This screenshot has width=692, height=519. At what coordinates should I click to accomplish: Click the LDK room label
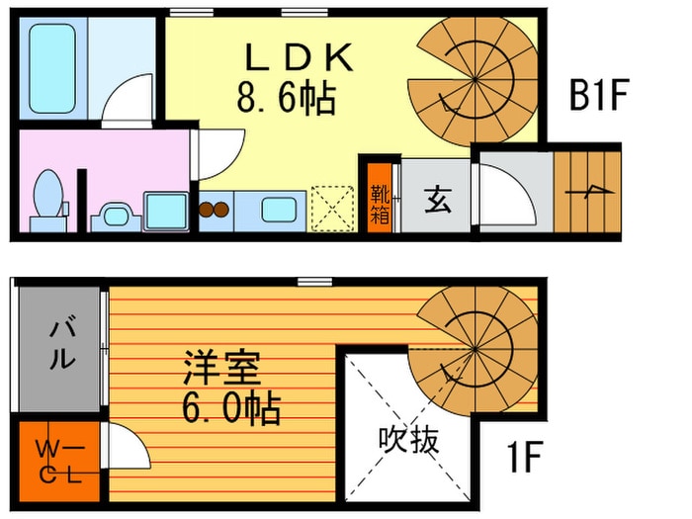(x=298, y=58)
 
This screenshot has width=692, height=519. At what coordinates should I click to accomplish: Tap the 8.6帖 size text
(x=285, y=98)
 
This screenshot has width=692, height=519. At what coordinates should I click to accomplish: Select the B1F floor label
(x=600, y=98)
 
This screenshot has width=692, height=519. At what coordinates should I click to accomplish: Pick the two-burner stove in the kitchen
(x=213, y=210)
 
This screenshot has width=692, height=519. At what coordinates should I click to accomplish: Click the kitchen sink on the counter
(x=276, y=210)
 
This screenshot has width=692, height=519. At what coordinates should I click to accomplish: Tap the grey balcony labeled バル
(x=59, y=346)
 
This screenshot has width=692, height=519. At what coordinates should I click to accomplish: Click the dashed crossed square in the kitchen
(x=330, y=208)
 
